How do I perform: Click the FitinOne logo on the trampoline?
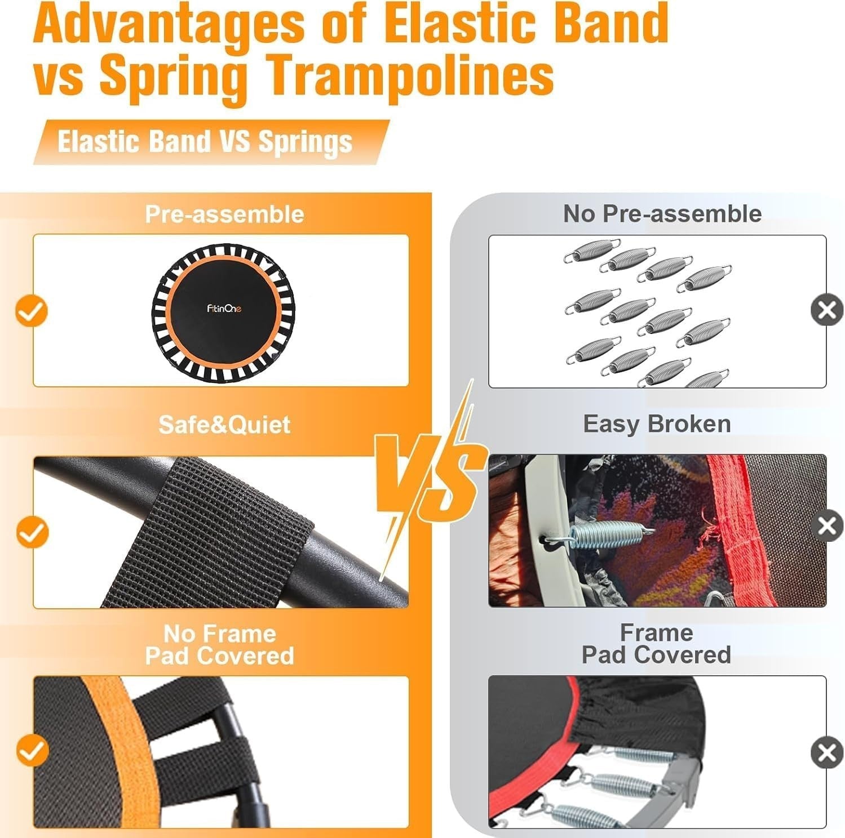pos(224,309)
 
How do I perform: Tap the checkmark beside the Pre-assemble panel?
pos(32,311)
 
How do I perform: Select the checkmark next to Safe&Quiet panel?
pos(32,532)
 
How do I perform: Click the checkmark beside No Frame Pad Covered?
pos(32,751)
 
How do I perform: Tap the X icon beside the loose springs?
pos(827,310)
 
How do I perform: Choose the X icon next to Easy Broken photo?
pos(827,525)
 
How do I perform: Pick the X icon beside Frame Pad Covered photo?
pos(827,752)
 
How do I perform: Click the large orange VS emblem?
pos(431,479)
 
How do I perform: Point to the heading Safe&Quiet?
pos(224,424)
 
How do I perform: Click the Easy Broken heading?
pos(657,424)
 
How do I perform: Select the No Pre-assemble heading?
pos(662,213)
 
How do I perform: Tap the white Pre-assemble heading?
pos(224,214)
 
